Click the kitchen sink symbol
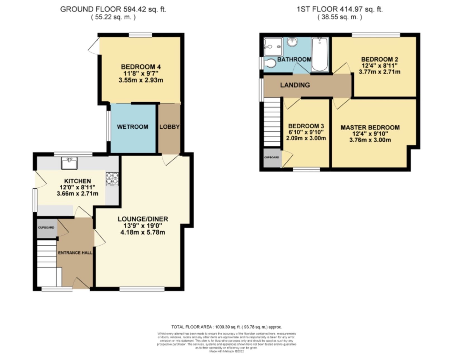(69, 163)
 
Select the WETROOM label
(133, 127)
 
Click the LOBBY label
(169, 127)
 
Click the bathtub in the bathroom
(320, 54)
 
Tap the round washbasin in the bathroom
(292, 43)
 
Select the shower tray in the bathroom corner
(273, 47)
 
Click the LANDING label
(295, 85)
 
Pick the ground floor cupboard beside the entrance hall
(46, 228)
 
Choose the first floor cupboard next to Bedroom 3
(272, 157)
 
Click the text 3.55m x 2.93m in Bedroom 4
(141, 80)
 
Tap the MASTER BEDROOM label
(370, 128)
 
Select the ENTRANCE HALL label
(75, 253)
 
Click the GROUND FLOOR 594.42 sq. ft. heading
(113, 9)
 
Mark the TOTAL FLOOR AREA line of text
(226, 327)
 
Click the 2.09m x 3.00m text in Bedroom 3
(306, 138)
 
